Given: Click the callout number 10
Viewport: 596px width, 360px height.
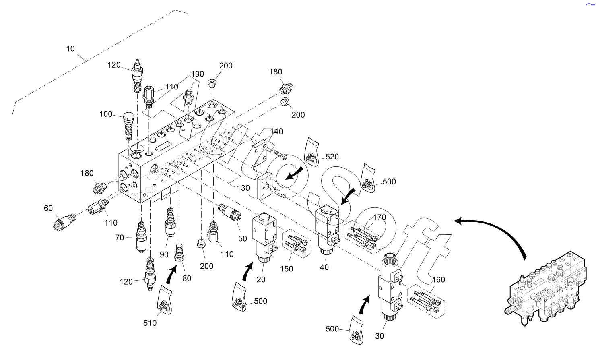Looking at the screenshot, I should [x=70, y=49].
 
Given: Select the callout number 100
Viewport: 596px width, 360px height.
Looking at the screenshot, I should [x=106, y=114].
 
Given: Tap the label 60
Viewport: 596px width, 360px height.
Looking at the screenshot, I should [x=48, y=208].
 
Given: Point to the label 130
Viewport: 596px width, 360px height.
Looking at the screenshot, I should [x=243, y=188].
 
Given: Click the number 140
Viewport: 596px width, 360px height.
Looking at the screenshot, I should [x=276, y=132].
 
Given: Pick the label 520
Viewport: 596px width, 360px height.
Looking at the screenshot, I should [x=332, y=157].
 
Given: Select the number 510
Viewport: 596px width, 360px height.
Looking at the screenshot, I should [x=150, y=323].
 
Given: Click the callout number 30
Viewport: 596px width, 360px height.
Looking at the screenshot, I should [x=379, y=336].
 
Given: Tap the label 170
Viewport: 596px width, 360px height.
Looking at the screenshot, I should [x=379, y=218].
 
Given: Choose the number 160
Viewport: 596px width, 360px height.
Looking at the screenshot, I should [x=439, y=280].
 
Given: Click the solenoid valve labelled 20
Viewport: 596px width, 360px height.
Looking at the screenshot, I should [x=264, y=238].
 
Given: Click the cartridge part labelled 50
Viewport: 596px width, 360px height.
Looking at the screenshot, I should [x=229, y=213].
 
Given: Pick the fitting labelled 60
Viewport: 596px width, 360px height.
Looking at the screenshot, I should [x=64, y=222].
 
